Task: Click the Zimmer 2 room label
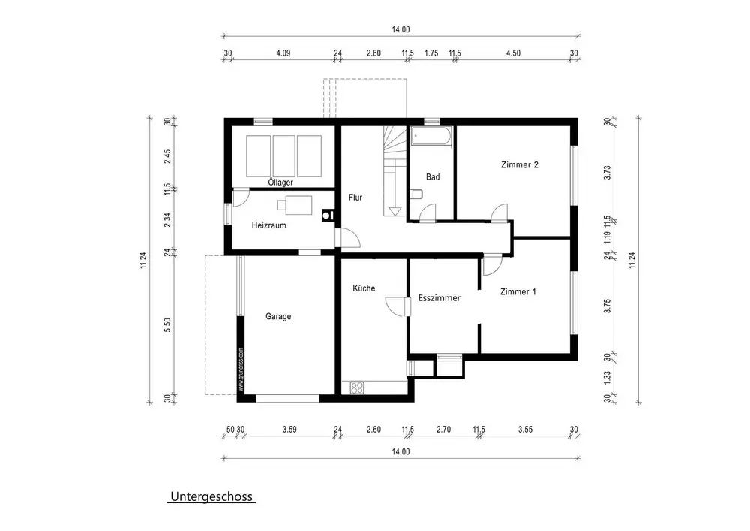click(x=520, y=164)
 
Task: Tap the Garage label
click(x=278, y=316)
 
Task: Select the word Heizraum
click(x=268, y=225)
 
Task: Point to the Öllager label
click(x=280, y=182)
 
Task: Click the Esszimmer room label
click(x=439, y=298)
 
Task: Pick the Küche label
click(x=364, y=288)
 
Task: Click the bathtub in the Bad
click(x=431, y=136)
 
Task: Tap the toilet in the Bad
click(x=416, y=194)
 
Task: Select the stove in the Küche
click(x=357, y=388)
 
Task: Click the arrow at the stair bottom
click(x=395, y=211)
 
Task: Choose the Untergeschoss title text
click(x=211, y=496)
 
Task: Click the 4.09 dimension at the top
click(x=283, y=53)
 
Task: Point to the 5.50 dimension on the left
click(x=167, y=325)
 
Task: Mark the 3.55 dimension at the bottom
click(x=525, y=430)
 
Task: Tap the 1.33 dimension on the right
click(x=607, y=377)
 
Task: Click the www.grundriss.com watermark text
click(x=241, y=370)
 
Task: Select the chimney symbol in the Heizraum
click(x=328, y=216)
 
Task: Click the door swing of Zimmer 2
click(x=499, y=213)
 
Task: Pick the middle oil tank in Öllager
click(x=283, y=156)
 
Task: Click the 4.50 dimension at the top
click(x=513, y=53)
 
